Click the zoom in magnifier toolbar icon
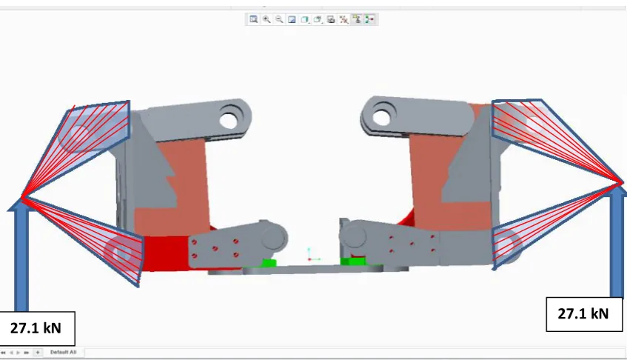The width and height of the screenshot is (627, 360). [266, 19]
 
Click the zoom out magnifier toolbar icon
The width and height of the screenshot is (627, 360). [279, 19]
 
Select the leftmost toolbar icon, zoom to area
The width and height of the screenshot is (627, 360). [253, 19]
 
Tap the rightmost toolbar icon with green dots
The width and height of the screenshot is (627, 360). [369, 19]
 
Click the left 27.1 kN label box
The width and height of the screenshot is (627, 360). [36, 328]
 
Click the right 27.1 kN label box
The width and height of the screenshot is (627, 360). [584, 314]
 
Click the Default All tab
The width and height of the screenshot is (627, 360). [63, 353]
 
